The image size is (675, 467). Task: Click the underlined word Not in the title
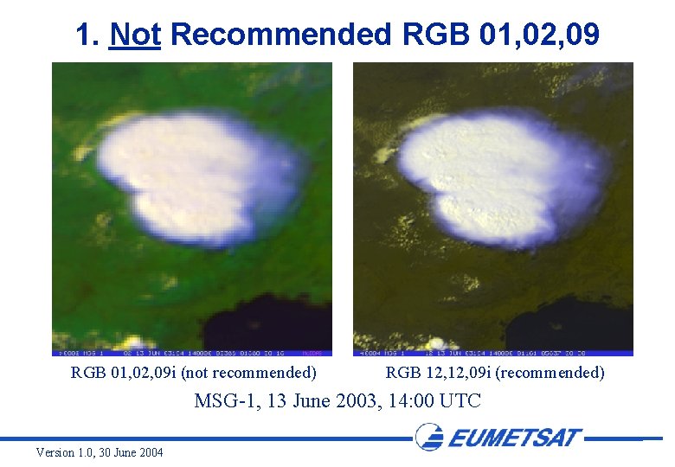[x=135, y=35]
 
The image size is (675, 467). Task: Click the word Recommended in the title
[x=282, y=35]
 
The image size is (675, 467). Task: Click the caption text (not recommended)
[x=248, y=373]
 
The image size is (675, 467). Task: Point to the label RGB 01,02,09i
[x=123, y=373]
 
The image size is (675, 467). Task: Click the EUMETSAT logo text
[x=515, y=438]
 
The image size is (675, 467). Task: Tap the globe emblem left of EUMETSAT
[x=430, y=437]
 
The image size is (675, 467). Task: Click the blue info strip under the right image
[x=492, y=353]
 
